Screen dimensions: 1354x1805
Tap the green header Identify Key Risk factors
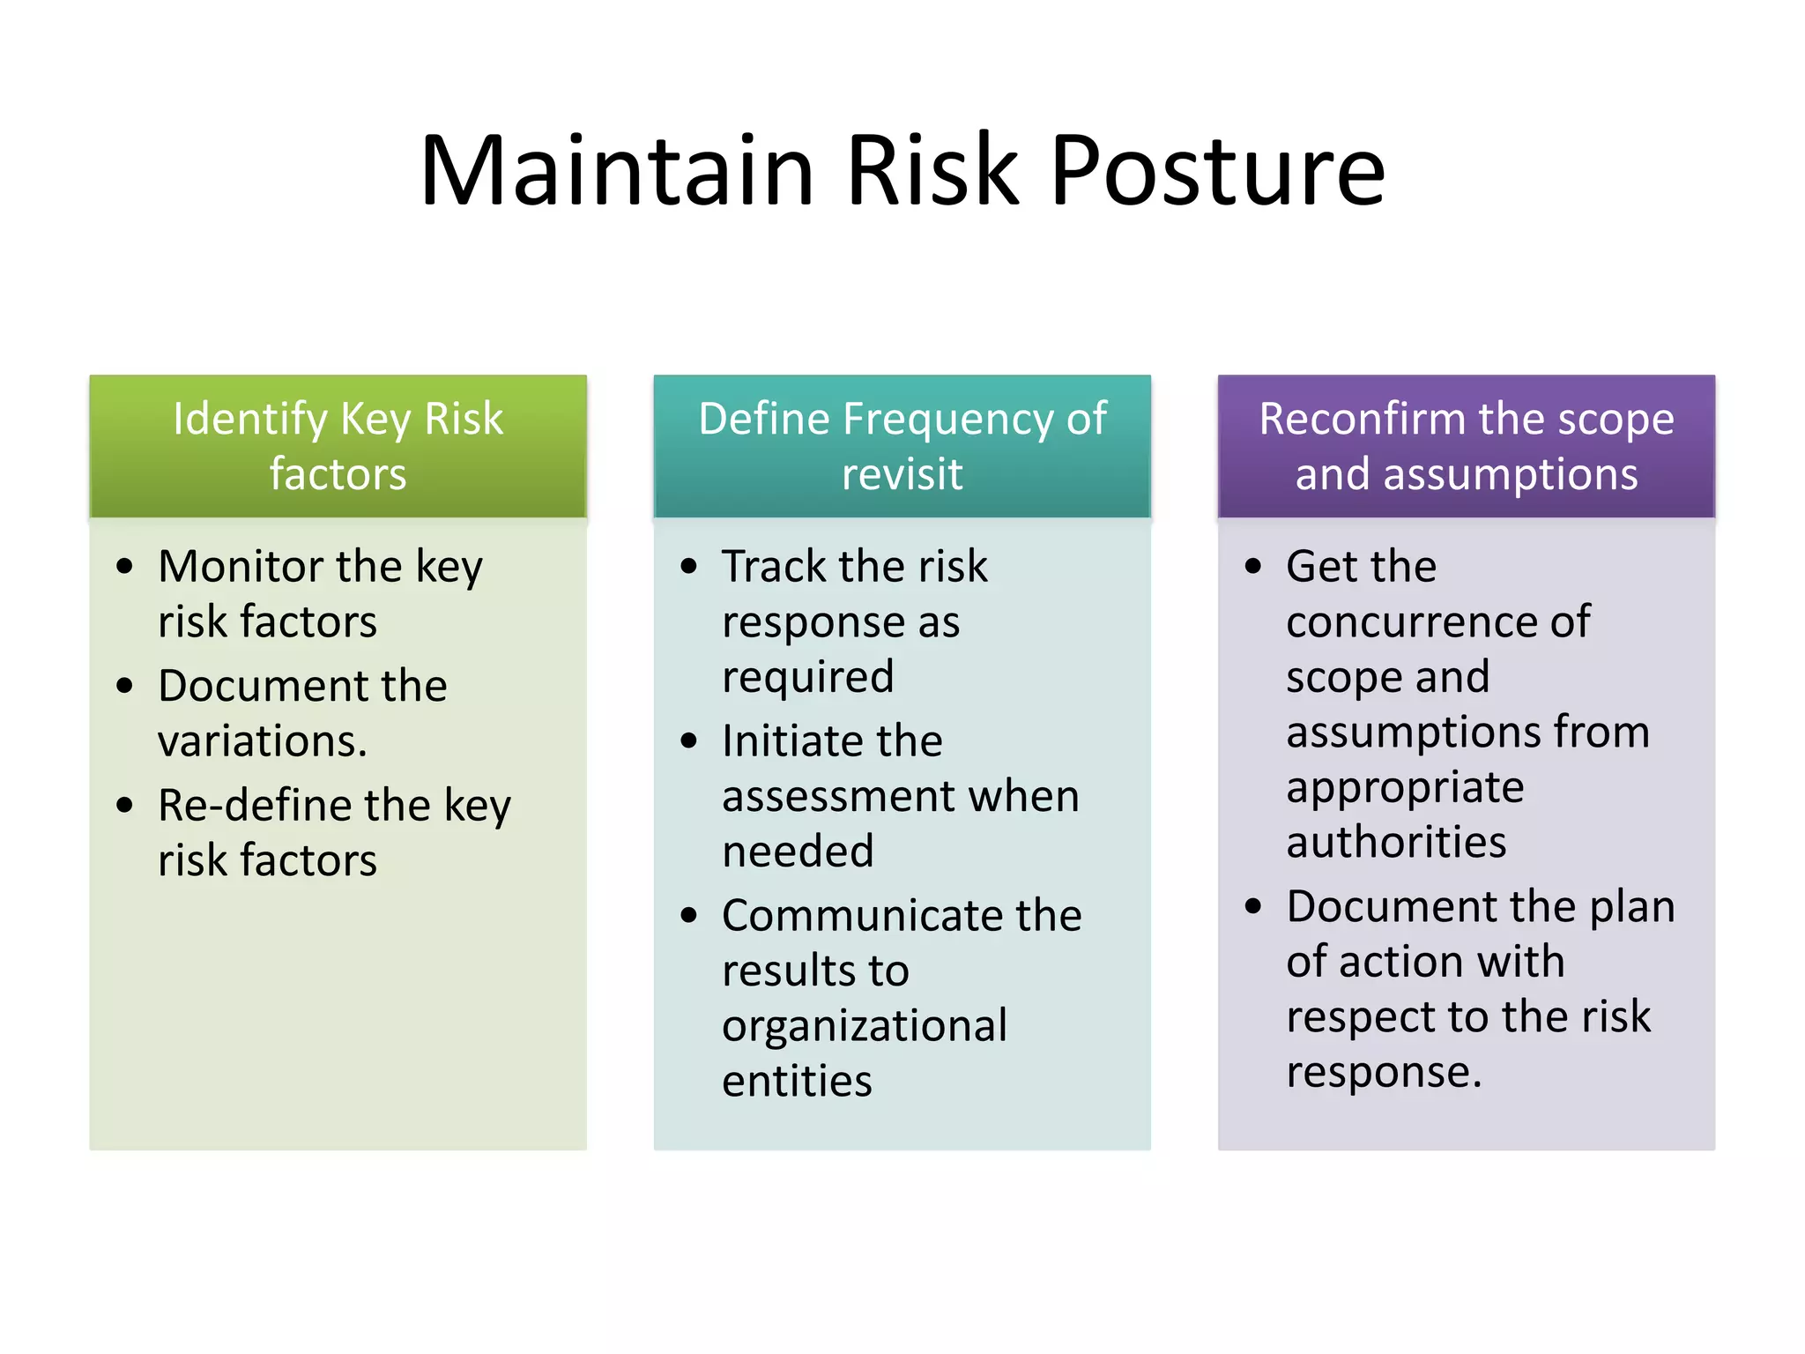point(338,446)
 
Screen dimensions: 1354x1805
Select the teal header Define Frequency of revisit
point(902,446)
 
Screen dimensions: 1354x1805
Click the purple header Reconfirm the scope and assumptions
point(1466,446)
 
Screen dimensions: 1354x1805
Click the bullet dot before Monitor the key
point(125,566)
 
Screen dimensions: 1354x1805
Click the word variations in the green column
point(262,740)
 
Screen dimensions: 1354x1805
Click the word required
point(807,678)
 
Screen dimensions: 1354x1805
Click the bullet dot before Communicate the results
point(689,915)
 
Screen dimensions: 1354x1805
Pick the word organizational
point(864,1026)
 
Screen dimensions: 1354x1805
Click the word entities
point(797,1082)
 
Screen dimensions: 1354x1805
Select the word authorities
point(1396,842)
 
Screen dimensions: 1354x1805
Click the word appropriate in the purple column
point(1405,788)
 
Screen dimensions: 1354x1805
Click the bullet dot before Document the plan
point(1253,906)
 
